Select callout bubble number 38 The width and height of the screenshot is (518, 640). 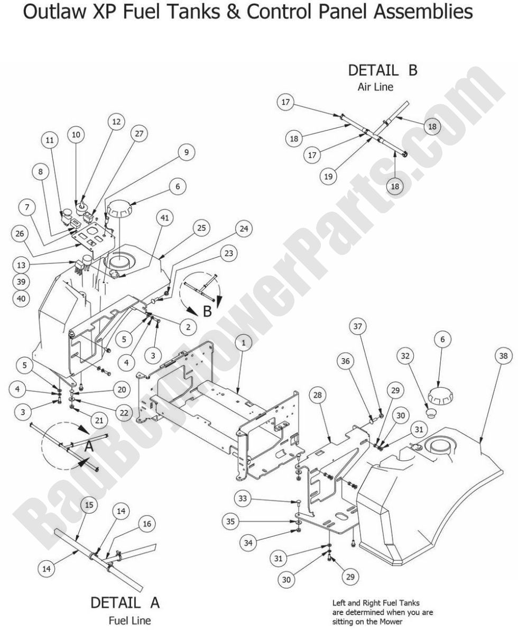click(x=502, y=356)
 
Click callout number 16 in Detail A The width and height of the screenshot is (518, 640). click(x=146, y=524)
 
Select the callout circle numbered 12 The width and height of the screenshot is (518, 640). click(x=116, y=122)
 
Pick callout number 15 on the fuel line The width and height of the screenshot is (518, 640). click(x=90, y=505)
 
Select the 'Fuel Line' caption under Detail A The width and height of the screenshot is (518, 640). click(x=129, y=620)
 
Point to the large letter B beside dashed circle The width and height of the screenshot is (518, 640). click(x=207, y=310)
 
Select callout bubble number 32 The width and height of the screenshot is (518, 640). click(x=406, y=357)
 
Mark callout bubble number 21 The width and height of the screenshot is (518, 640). click(x=99, y=420)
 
